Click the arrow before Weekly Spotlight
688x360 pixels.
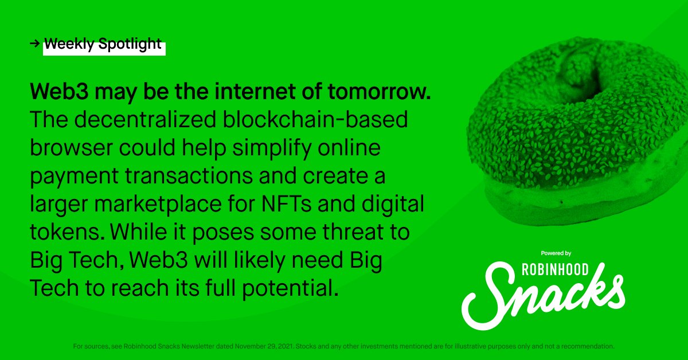click(35, 44)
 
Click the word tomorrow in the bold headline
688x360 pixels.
click(380, 92)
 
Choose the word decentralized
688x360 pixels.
click(145, 119)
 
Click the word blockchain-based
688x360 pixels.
click(315, 119)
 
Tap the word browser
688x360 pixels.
click(71, 148)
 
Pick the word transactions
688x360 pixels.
click(189, 176)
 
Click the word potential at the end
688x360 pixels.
click(290, 288)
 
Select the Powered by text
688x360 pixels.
click(556, 253)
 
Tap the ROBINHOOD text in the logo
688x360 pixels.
click(556, 269)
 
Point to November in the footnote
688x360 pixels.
click(251, 346)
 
